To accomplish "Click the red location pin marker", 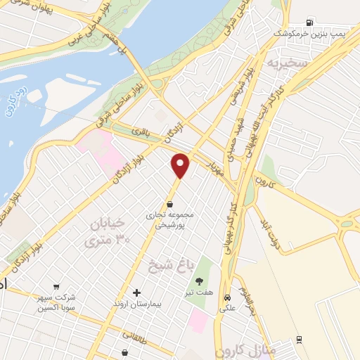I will coord(181,165).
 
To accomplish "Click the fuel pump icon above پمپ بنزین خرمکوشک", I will coord(310,21).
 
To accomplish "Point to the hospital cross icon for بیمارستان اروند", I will coord(136,292).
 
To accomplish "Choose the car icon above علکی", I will coord(227,297).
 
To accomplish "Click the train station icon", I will coord(300,340).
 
